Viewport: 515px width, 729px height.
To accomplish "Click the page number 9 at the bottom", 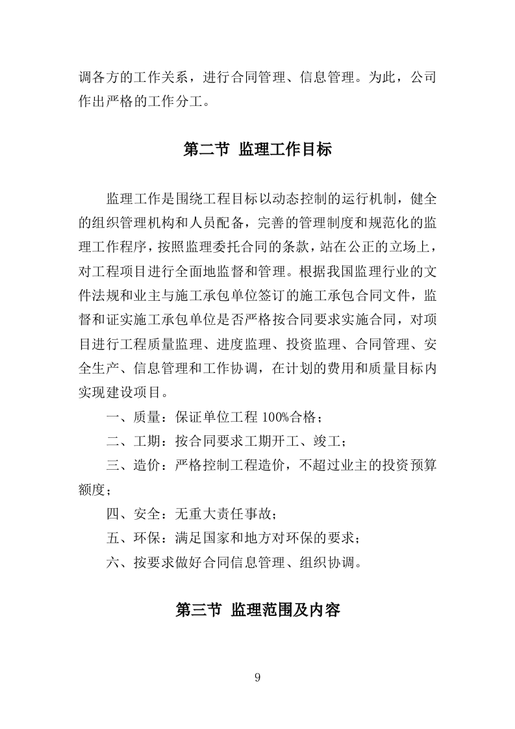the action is coord(258,678).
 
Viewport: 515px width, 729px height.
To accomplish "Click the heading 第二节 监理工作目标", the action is coord(258,150).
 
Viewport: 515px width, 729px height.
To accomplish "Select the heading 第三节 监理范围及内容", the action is coord(258,610).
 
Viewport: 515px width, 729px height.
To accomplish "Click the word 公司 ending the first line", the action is coord(422,77).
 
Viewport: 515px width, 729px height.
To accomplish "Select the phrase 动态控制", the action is coord(278,198).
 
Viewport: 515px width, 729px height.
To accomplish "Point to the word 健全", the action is coord(422,198).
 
